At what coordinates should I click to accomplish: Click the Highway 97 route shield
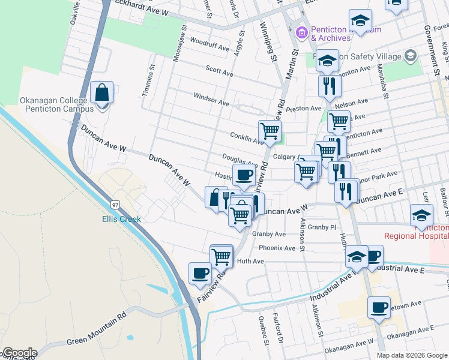[115, 204]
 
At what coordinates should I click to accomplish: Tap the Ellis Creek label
[121, 219]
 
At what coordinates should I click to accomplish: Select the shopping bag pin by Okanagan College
[101, 94]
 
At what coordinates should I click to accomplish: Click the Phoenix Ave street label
[277, 248]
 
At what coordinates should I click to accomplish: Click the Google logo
[19, 353]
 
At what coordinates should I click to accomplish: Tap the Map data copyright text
[411, 355]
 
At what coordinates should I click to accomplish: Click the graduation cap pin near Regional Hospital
[421, 215]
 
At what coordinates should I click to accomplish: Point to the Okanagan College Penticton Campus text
[56, 104]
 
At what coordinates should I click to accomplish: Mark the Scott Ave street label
[219, 70]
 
